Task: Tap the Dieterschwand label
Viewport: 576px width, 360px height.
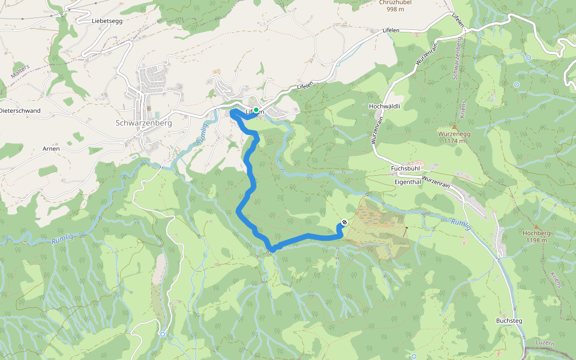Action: click(20, 111)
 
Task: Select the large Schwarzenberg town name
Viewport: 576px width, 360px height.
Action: click(143, 123)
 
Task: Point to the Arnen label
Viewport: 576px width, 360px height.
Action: click(51, 148)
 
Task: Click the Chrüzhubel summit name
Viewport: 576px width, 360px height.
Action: click(394, 2)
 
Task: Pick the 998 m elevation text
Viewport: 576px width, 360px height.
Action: click(394, 10)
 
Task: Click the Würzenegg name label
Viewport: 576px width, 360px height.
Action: click(454, 134)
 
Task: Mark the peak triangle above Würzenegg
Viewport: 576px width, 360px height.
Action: click(454, 127)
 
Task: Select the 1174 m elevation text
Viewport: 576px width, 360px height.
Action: click(454, 141)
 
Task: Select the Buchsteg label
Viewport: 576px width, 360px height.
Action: click(509, 321)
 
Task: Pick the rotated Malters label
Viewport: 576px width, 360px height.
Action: click(20, 71)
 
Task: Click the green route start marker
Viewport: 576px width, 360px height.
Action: click(256, 110)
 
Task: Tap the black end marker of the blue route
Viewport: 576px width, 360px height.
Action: click(344, 223)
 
